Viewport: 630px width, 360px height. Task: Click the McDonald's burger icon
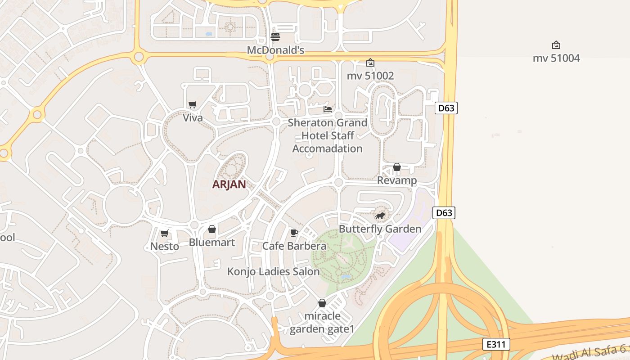(275, 36)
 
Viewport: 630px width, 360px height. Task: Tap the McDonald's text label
(275, 50)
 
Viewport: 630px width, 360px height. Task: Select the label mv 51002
(370, 76)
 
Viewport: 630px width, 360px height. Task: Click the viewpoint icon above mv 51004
(556, 45)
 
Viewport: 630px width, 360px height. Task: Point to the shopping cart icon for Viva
(193, 105)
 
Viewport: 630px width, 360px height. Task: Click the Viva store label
(193, 117)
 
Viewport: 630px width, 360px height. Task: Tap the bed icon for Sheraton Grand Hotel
(328, 109)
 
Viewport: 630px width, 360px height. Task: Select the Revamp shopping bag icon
(397, 167)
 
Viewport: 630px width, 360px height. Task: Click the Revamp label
(397, 180)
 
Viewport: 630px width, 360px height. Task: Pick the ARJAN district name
(229, 184)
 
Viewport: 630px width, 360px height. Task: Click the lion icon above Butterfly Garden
(380, 216)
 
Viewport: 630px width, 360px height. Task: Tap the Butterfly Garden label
(380, 229)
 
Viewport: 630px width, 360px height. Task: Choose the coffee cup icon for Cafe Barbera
(294, 233)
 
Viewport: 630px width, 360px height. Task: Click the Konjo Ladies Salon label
(273, 271)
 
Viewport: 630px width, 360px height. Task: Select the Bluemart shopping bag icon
(212, 229)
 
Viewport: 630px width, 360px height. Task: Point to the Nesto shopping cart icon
(165, 233)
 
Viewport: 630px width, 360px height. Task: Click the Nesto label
(165, 246)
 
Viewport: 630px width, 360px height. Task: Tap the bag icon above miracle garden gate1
(322, 303)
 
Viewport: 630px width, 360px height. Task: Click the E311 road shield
(496, 345)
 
